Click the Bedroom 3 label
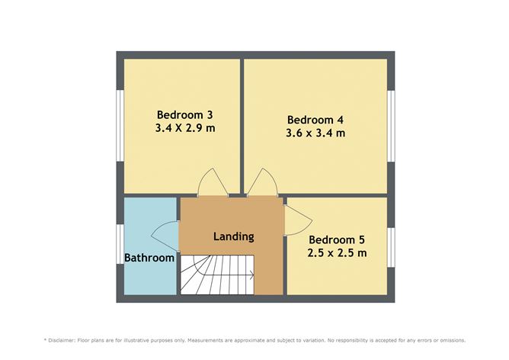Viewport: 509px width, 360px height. [x=184, y=114]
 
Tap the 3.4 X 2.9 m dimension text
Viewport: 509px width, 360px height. [x=185, y=128]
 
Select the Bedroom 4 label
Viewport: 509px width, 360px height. [x=315, y=120]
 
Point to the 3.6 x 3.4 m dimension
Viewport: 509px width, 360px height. [x=315, y=133]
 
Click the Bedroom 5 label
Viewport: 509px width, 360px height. [x=337, y=239]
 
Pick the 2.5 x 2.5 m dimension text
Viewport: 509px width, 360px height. [x=337, y=252]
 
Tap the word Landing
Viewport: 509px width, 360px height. [x=234, y=236]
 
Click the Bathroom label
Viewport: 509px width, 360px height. [x=149, y=258]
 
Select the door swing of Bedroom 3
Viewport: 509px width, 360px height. [x=213, y=182]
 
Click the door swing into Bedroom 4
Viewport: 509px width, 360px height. [x=263, y=182]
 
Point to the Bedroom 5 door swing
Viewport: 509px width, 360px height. [x=299, y=220]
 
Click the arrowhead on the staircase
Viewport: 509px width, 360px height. [x=252, y=275]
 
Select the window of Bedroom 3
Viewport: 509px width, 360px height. [x=120, y=125]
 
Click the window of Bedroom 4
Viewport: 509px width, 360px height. [x=391, y=126]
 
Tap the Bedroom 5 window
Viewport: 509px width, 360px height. [x=391, y=247]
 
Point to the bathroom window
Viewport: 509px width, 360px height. [x=120, y=244]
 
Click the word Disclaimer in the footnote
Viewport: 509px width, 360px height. [x=62, y=340]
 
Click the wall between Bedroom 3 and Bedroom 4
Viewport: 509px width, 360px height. [x=242, y=127]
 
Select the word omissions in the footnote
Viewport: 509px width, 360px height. [x=453, y=340]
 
